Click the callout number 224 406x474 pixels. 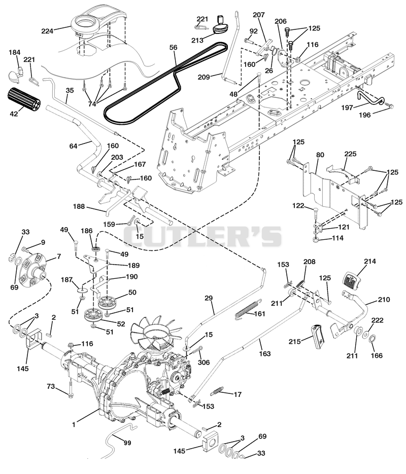48,30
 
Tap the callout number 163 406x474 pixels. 265,353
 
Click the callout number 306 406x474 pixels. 204,362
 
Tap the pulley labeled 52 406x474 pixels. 94,315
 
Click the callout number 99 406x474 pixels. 127,443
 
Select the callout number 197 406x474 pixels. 347,108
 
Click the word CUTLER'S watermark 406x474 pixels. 202,236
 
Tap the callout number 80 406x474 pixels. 320,155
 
